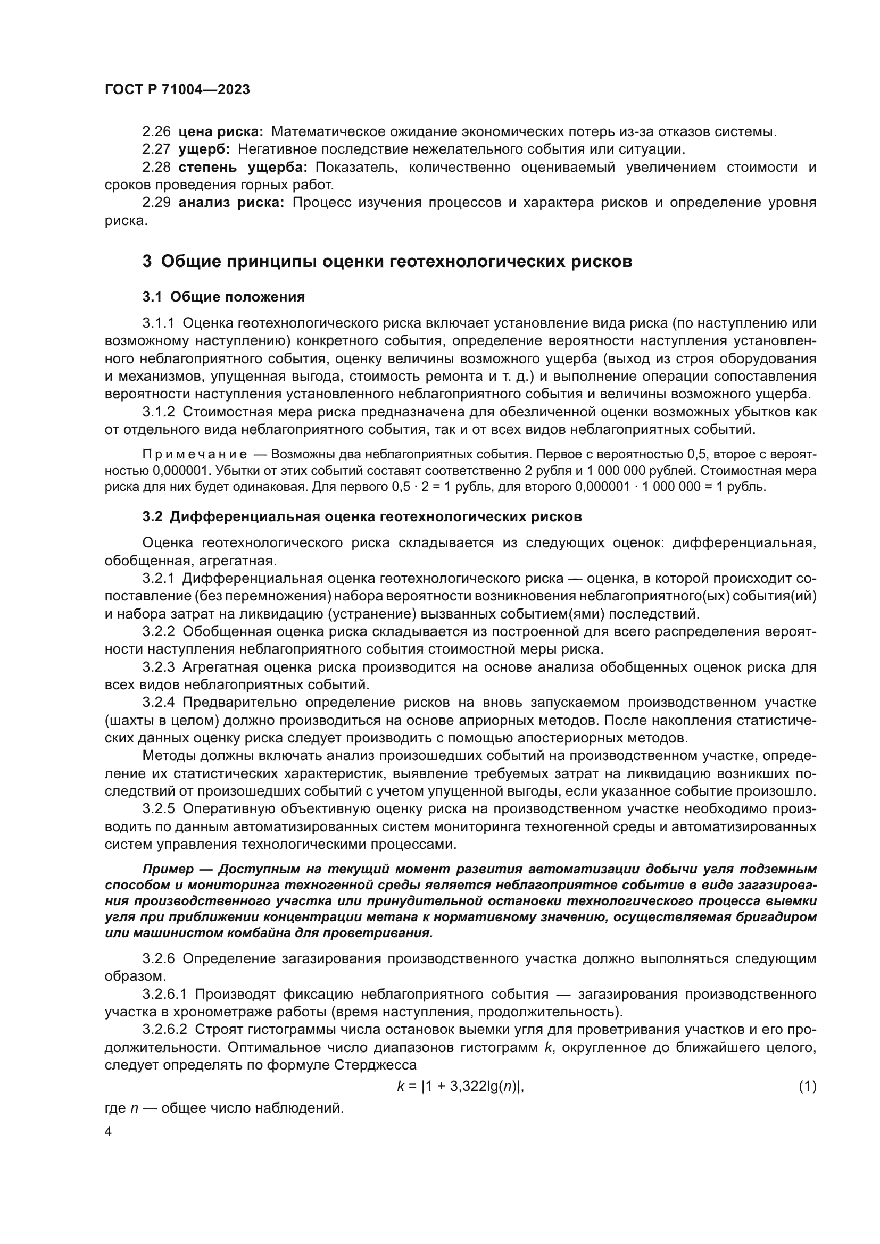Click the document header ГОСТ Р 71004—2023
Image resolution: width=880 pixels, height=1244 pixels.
tap(177, 90)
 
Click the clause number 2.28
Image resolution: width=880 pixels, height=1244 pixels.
tap(156, 168)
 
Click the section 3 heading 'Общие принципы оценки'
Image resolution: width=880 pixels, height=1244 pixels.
tap(387, 262)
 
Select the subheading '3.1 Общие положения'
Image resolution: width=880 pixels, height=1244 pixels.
tap(224, 297)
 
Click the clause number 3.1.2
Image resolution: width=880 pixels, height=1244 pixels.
tap(159, 412)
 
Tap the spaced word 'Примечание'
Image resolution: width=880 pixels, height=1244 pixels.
tap(195, 454)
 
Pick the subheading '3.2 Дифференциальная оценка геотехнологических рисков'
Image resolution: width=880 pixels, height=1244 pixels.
tap(362, 517)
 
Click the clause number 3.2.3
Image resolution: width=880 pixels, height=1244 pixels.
tap(159, 667)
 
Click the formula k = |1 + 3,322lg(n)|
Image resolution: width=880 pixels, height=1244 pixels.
tap(461, 1087)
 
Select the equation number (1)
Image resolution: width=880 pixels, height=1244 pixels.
tap(807, 1087)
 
